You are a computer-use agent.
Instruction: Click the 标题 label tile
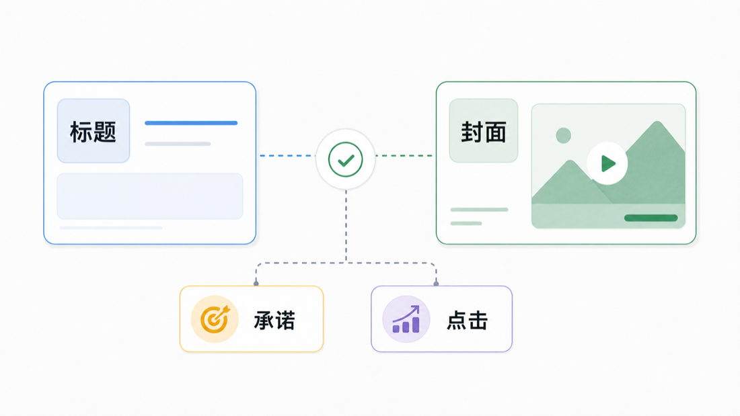[94, 130]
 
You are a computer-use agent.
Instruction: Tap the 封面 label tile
[483, 130]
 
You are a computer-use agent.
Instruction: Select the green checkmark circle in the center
[346, 159]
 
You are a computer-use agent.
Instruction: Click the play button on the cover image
[607, 163]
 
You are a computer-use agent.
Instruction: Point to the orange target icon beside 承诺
[215, 319]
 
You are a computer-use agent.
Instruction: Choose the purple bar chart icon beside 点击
[406, 319]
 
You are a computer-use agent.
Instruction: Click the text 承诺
[274, 321]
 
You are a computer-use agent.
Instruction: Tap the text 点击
[467, 321]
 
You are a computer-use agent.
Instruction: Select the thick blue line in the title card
[191, 123]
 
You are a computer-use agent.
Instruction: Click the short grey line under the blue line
[178, 144]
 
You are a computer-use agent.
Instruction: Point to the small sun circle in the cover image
[564, 136]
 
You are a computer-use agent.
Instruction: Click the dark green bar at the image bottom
[651, 218]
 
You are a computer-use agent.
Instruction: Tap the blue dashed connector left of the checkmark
[288, 156]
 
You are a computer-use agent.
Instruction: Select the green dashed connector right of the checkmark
[404, 156]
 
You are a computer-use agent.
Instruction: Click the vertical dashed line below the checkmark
[346, 226]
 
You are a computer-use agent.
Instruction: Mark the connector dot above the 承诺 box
[256, 284]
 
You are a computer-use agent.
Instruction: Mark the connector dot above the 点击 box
[436, 284]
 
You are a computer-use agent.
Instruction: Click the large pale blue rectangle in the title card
[150, 196]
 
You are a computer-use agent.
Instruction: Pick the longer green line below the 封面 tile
[479, 210]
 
